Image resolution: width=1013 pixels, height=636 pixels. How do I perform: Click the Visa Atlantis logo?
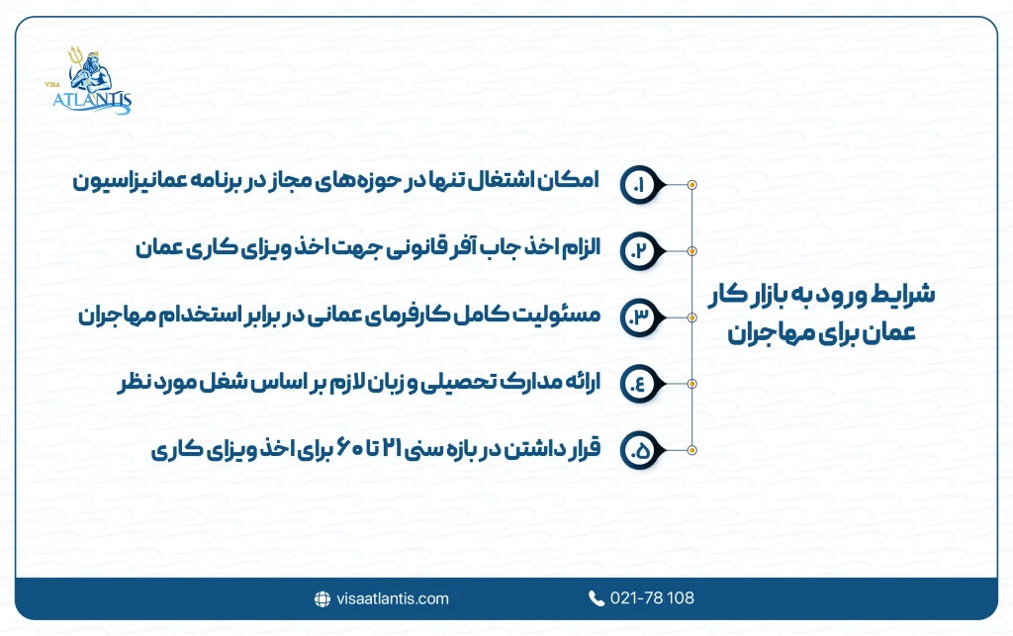[x=92, y=81]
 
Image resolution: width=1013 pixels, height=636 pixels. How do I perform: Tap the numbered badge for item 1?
[x=639, y=185]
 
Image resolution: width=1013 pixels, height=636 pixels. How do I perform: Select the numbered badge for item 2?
[x=639, y=251]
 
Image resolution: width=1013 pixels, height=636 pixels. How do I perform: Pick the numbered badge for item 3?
[x=639, y=318]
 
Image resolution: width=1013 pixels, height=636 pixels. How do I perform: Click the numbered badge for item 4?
[x=639, y=384]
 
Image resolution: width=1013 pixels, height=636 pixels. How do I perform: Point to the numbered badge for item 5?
[x=639, y=450]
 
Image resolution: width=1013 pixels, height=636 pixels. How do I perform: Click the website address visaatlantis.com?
[x=392, y=598]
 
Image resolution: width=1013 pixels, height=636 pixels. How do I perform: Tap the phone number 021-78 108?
[x=653, y=598]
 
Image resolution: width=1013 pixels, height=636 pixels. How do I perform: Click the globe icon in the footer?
[x=322, y=598]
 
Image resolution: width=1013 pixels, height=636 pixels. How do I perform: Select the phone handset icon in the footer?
[x=597, y=598]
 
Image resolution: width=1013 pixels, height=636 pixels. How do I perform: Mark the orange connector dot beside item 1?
[x=691, y=185]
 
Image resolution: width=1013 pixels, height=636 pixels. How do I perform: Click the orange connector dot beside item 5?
[x=691, y=450]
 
